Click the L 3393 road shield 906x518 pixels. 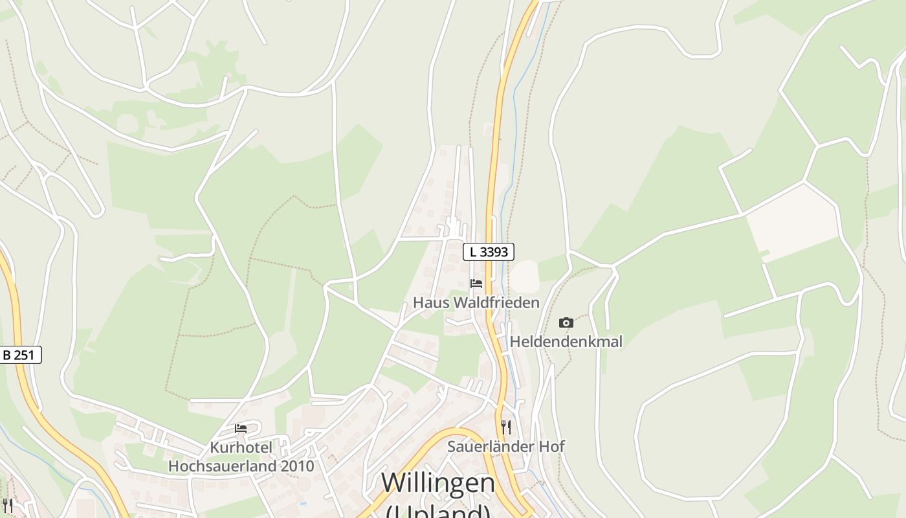(x=489, y=252)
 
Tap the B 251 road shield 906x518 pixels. (x=21, y=355)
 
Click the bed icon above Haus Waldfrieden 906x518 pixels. (x=476, y=284)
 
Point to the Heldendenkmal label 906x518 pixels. (x=566, y=341)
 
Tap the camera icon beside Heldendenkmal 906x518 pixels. (x=566, y=322)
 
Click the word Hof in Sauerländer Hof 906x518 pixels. (x=552, y=446)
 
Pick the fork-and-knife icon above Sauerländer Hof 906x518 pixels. (x=506, y=427)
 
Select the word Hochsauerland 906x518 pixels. (x=223, y=466)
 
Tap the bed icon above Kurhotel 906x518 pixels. (x=241, y=429)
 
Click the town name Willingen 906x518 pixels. (x=438, y=483)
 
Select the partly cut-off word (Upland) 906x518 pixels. (x=438, y=512)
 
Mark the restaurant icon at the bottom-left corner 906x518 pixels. (x=7, y=505)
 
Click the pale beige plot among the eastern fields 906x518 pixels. (x=793, y=220)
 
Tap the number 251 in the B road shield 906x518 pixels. (x=27, y=355)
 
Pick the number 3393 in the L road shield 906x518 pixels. (x=495, y=252)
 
